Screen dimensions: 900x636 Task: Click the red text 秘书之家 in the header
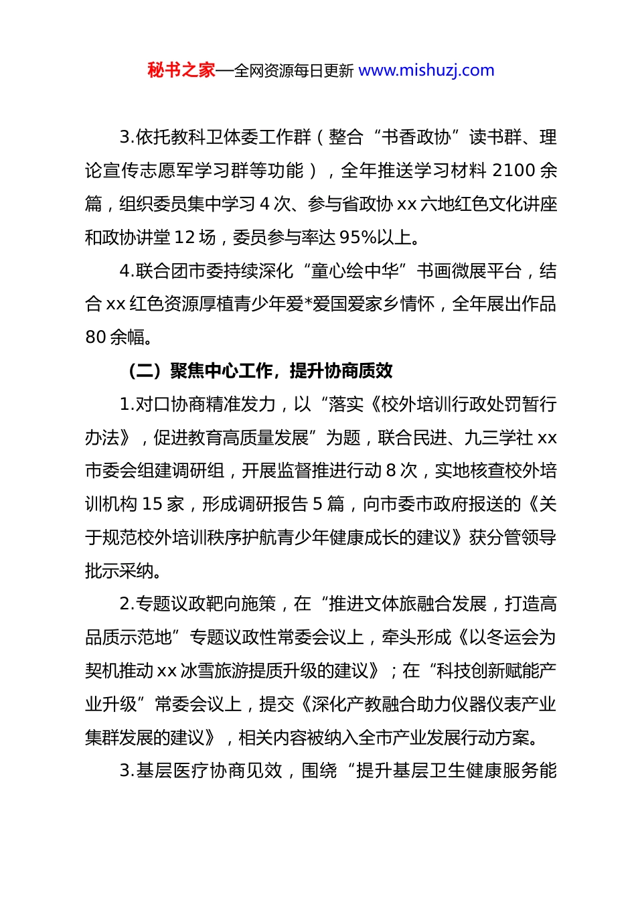[181, 70]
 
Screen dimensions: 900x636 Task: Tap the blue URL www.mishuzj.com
[426, 70]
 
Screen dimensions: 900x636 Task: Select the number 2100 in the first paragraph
[514, 171]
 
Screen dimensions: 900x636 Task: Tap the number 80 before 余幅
[96, 337]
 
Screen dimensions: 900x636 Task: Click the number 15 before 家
[153, 504]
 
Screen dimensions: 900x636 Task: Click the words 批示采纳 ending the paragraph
[121, 571]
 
